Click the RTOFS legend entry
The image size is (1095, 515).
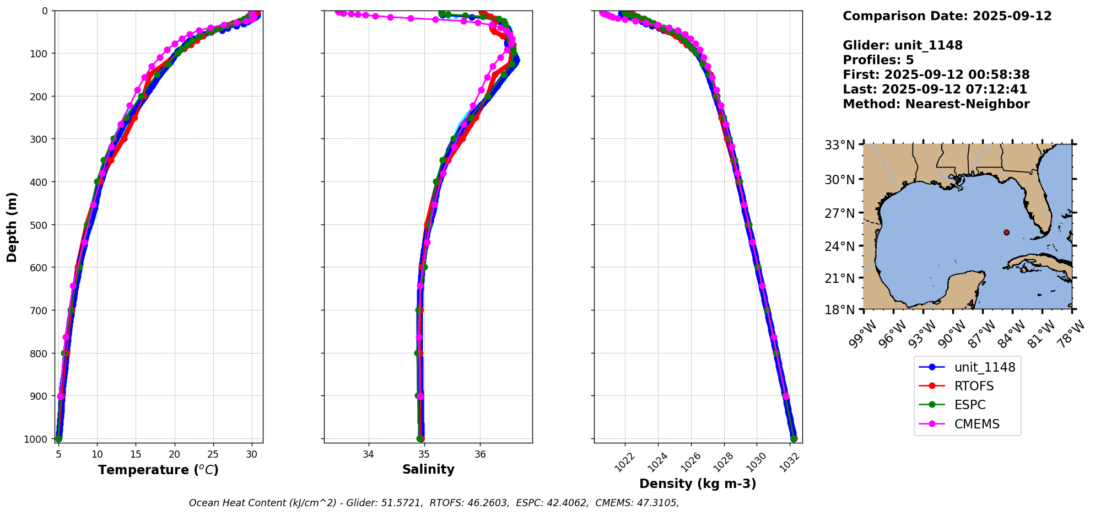pyautogui.click(x=974, y=386)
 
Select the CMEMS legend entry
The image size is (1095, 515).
pyautogui.click(x=977, y=424)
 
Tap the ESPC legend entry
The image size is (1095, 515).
pyautogui.click(x=970, y=405)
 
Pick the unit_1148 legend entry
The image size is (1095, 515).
pyautogui.click(x=984, y=367)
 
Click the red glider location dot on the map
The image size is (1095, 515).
pyautogui.click(x=1006, y=233)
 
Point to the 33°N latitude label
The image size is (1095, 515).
pyautogui.click(x=839, y=146)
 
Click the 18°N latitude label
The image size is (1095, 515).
pyautogui.click(x=839, y=310)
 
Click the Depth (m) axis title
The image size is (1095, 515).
pyautogui.click(x=12, y=227)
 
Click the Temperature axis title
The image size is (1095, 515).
pyautogui.click(x=158, y=470)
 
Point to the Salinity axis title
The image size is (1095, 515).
pyautogui.click(x=428, y=470)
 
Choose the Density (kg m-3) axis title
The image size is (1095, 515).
pyautogui.click(x=698, y=484)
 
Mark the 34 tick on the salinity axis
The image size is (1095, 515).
pyautogui.click(x=368, y=455)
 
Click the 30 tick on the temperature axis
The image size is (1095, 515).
pyautogui.click(x=252, y=455)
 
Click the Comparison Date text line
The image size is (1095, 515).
pyautogui.click(x=947, y=17)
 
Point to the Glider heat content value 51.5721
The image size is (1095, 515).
pyautogui.click(x=403, y=503)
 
